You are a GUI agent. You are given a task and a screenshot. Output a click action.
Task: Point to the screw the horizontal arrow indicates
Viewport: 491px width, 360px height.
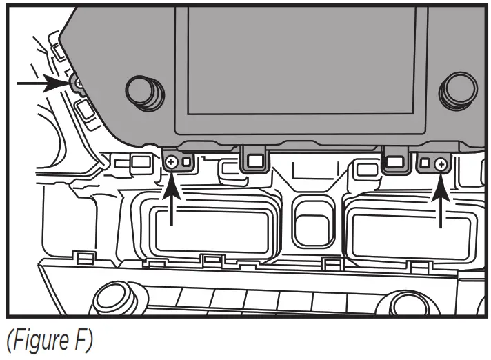point(78,83)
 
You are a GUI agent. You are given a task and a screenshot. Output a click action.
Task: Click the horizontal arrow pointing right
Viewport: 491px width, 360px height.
point(41,83)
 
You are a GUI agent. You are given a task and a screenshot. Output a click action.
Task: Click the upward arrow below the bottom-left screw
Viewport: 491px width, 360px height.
point(172,200)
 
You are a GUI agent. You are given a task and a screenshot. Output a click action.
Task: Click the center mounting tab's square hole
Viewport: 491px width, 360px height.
point(254,161)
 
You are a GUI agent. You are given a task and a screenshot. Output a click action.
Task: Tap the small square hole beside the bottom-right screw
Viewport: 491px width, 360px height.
point(425,163)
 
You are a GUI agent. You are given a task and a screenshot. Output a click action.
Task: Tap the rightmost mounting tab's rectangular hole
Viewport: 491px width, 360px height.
point(394,161)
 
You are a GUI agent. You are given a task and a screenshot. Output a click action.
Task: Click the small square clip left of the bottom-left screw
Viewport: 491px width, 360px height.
point(141,163)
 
